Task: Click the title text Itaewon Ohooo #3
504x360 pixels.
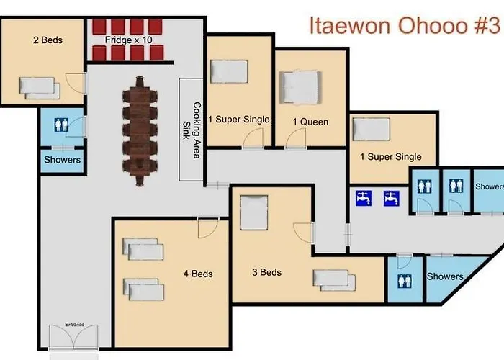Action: click(x=405, y=25)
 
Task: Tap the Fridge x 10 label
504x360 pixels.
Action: click(x=129, y=40)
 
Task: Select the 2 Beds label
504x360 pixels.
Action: click(x=48, y=40)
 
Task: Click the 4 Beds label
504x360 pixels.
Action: click(x=198, y=274)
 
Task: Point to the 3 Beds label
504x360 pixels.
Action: click(x=267, y=272)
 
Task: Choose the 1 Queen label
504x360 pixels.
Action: click(x=310, y=122)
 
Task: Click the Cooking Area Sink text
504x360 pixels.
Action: click(x=192, y=130)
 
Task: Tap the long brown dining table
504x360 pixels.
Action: click(x=140, y=131)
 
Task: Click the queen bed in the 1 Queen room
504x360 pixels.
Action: click(x=300, y=87)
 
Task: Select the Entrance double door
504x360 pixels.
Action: click(x=73, y=337)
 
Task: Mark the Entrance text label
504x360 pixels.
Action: click(x=75, y=325)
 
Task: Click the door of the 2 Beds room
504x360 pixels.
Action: click(x=76, y=84)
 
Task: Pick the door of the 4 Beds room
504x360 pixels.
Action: click(x=208, y=228)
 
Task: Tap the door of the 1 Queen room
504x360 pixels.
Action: click(x=296, y=138)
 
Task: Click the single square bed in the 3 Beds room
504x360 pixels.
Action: click(x=254, y=212)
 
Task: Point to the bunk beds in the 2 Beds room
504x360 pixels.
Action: click(x=40, y=88)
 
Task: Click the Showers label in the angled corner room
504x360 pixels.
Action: click(x=445, y=276)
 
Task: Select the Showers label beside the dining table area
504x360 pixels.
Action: click(x=63, y=160)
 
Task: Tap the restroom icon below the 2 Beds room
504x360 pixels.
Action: click(x=61, y=125)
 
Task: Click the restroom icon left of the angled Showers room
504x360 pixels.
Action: click(x=405, y=282)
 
